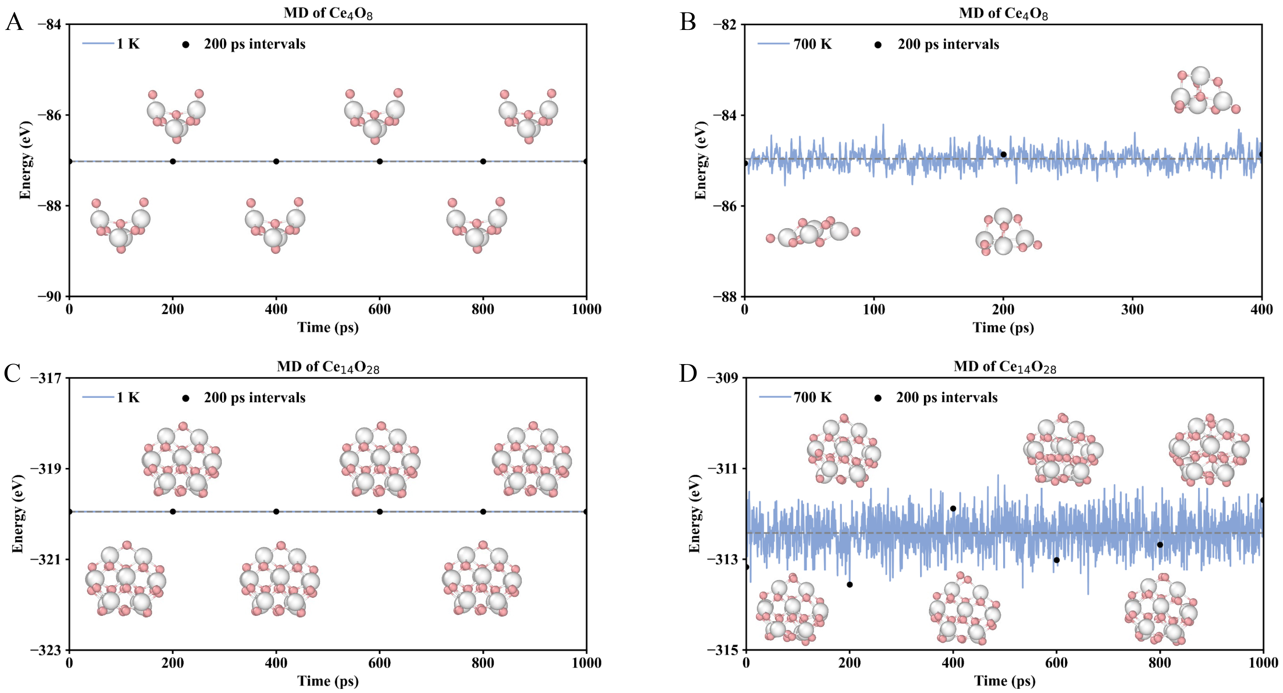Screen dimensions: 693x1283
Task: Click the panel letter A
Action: [14, 23]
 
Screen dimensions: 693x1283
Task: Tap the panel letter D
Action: [688, 374]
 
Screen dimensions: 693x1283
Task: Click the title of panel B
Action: [1003, 13]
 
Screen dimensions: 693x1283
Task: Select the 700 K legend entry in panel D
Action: [812, 398]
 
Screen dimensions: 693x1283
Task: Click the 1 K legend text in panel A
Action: [128, 44]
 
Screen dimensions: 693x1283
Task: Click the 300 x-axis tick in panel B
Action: [1132, 310]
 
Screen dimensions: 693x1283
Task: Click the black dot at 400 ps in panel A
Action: [276, 161]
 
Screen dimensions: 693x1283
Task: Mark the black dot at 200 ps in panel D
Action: [850, 585]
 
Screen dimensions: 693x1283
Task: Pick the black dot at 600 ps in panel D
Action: [1056, 560]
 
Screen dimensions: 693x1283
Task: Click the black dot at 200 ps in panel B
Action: [1004, 155]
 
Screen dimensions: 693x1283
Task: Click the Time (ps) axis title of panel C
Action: [328, 681]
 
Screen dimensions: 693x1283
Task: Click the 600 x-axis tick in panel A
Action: [379, 310]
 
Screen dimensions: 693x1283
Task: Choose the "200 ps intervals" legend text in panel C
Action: [254, 398]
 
